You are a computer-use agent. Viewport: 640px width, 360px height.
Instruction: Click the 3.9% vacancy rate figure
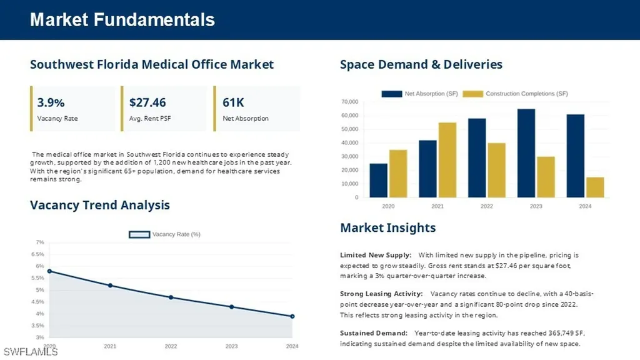(51, 102)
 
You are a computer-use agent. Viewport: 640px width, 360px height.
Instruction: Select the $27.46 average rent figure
(147, 102)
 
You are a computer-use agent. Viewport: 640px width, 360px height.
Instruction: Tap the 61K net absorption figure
(233, 102)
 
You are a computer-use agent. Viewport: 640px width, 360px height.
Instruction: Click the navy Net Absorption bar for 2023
(526, 153)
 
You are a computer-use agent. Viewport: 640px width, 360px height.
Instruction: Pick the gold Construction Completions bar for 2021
(447, 160)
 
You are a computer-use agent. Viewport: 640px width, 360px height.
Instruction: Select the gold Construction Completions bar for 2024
(595, 187)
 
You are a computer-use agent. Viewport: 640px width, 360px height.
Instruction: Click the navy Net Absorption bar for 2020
(378, 181)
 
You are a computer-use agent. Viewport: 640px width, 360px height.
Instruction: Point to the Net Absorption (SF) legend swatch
(392, 94)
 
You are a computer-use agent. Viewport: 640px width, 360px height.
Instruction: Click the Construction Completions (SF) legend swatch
(472, 94)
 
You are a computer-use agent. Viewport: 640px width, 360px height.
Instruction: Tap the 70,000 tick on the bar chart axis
(350, 102)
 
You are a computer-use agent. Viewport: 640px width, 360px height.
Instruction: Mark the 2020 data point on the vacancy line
(50, 271)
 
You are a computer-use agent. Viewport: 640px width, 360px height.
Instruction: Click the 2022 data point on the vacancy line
(171, 297)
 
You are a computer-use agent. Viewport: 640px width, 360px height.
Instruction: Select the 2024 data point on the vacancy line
(292, 316)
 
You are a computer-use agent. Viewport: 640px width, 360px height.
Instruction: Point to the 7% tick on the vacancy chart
(40, 242)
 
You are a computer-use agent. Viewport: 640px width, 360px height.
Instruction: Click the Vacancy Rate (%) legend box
(139, 234)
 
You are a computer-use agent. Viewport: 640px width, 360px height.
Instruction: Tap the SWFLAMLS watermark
(31, 352)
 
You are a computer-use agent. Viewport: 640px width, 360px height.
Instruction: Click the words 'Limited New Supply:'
(376, 255)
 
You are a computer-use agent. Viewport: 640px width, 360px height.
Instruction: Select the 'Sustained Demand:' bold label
(374, 333)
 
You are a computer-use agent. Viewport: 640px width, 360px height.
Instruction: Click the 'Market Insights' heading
(387, 227)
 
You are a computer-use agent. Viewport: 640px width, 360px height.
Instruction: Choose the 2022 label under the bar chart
(486, 206)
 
